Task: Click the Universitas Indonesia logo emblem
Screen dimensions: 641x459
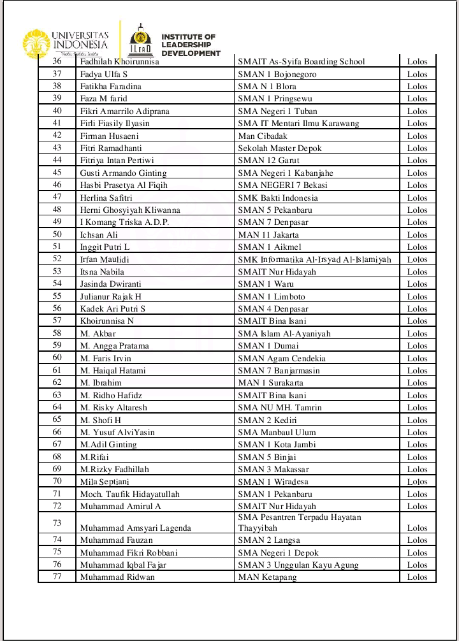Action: tap(36, 43)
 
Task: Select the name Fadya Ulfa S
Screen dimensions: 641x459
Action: tap(104, 74)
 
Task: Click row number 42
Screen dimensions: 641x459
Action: tap(57, 136)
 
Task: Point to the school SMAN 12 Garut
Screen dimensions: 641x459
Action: tap(269, 161)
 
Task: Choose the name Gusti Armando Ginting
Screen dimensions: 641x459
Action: tap(123, 173)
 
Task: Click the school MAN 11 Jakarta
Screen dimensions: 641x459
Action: tap(268, 234)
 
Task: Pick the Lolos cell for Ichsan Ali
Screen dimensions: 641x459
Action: tap(418, 234)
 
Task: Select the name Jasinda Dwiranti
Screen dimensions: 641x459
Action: tap(111, 284)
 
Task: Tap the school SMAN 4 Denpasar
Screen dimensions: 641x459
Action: tap(273, 309)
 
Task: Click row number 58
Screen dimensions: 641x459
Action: tap(57, 333)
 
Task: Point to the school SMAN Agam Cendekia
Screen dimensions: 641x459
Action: tap(281, 358)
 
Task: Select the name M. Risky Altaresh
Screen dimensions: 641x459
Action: tap(113, 408)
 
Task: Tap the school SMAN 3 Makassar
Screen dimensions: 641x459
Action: tap(273, 470)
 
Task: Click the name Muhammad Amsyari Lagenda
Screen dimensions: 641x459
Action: tap(135, 528)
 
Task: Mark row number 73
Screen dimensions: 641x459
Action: tap(57, 523)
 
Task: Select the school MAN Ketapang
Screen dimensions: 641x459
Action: tap(267, 577)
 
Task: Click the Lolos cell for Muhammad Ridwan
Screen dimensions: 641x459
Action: tap(418, 577)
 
